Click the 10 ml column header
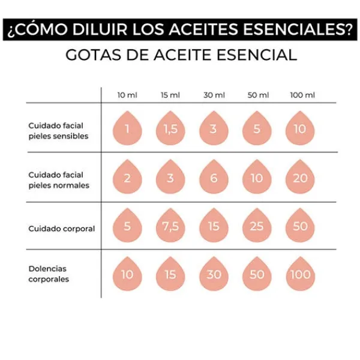(x=127, y=95)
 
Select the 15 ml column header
(x=170, y=95)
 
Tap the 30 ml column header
(x=214, y=95)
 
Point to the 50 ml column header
(x=257, y=95)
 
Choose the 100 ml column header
(x=302, y=95)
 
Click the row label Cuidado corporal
(x=61, y=229)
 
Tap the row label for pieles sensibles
(x=58, y=131)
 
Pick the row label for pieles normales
(x=58, y=180)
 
